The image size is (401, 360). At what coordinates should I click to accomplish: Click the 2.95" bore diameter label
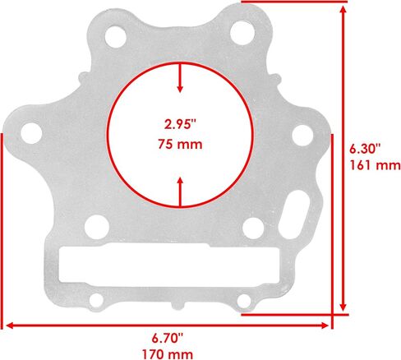coord(181,124)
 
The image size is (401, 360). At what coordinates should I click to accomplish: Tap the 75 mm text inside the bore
coord(180,144)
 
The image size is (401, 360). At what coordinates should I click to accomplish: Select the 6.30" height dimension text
coord(365,150)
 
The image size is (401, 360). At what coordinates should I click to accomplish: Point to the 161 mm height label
coord(376,165)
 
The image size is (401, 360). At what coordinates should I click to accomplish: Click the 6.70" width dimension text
coord(168,339)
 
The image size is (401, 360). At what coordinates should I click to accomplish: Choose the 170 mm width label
coord(168,354)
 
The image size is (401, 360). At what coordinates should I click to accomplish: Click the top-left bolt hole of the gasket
coord(116,36)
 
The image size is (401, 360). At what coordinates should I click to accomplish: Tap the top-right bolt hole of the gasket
coord(242,33)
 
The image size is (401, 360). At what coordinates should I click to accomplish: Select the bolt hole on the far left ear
coord(31,133)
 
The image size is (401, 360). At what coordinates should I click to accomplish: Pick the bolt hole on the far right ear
coord(302,136)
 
